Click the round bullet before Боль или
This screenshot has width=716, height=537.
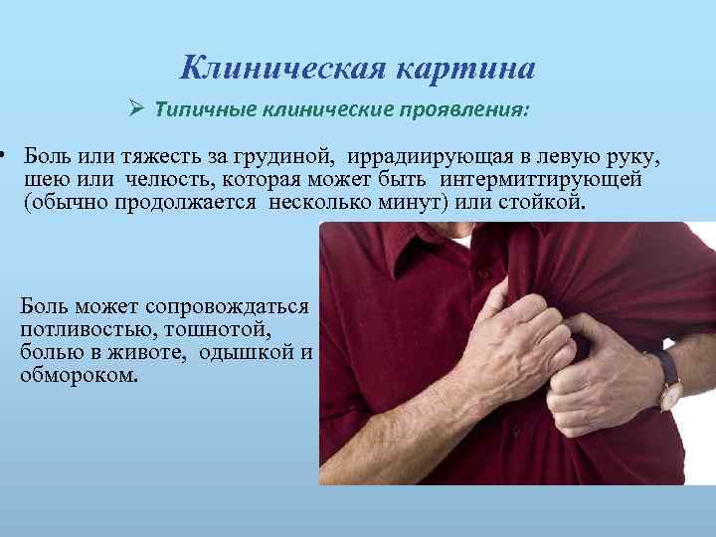5,156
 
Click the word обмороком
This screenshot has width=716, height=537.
80,375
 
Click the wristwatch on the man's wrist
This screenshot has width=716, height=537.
670,384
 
